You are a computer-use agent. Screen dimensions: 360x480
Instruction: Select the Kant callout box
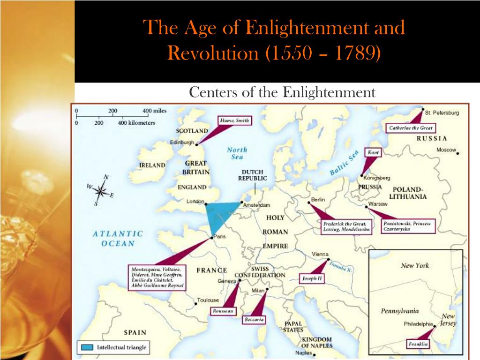tap(373, 152)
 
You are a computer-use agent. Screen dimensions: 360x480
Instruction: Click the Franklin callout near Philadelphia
tap(418, 344)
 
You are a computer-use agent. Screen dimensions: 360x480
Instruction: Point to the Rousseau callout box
tap(223, 311)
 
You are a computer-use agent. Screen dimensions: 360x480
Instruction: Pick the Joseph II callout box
tap(312, 278)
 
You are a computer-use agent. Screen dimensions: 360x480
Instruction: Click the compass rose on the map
tap(101, 191)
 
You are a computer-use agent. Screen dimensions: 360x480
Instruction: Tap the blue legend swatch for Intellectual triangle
tap(87, 347)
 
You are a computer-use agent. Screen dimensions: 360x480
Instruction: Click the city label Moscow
tap(446, 150)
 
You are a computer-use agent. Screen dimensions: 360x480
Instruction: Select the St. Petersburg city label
tap(442, 113)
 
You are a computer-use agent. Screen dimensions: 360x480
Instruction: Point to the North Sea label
tap(237, 153)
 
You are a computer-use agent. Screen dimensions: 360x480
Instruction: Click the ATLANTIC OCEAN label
tap(117, 238)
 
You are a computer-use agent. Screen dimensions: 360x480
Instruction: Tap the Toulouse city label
tap(208, 300)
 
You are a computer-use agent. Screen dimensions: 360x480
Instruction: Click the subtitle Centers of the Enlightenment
tap(282, 92)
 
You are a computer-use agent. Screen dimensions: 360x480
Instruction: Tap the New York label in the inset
tap(415, 265)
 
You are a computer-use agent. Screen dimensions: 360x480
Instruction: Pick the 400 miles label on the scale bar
tap(155, 111)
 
